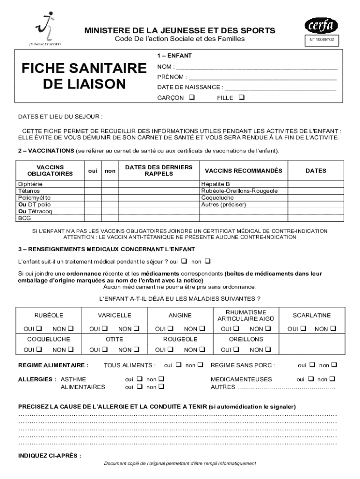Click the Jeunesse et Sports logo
tap(44, 29)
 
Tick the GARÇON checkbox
tap(192, 98)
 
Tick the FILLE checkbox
tap(241, 98)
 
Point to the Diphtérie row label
tap(30, 184)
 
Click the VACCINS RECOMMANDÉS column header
tap(244, 171)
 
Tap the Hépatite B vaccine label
tap(216, 184)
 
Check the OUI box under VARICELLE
tap(105, 328)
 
